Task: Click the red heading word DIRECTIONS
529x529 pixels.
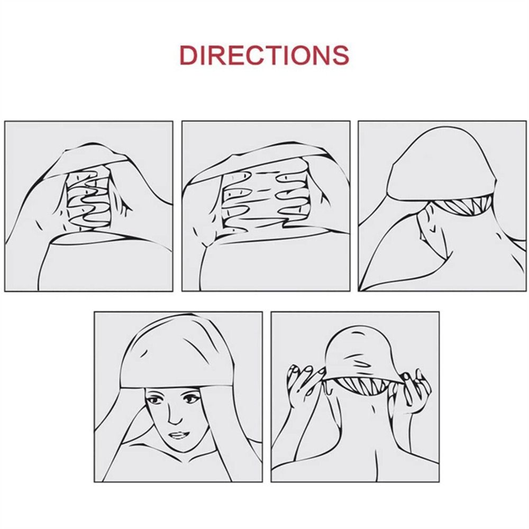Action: pyautogui.click(x=264, y=55)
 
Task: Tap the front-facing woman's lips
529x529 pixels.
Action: pyautogui.click(x=178, y=435)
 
